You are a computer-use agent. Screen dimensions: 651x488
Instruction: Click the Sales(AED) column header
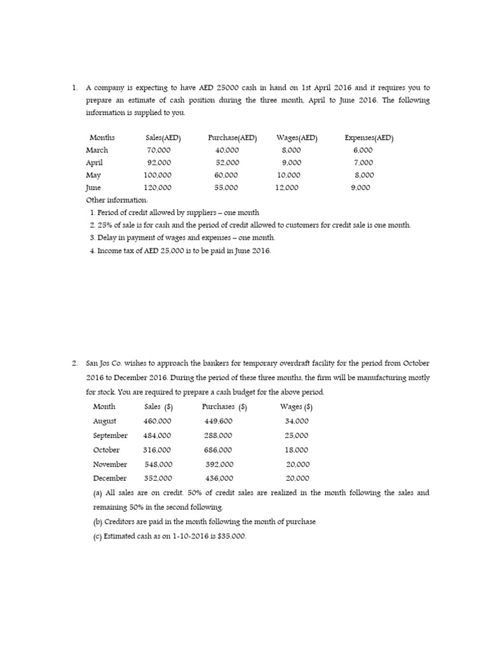pos(163,137)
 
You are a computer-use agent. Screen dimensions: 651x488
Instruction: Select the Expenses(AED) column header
pos(369,137)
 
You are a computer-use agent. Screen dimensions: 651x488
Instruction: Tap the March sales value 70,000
pos(158,150)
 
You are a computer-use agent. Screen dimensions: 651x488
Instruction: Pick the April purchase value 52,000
pos(227,163)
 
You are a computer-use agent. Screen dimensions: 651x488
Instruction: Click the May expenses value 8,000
pos(364,175)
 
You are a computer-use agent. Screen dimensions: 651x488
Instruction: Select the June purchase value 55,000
pos(227,188)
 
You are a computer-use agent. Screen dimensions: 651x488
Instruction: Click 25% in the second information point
pos(105,225)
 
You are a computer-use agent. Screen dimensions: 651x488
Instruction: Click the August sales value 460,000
pos(158,421)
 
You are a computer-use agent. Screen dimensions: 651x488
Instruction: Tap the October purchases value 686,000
pos(219,449)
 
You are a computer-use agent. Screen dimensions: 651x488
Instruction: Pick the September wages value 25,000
pos(297,435)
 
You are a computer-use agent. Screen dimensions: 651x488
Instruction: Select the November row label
pos(110,464)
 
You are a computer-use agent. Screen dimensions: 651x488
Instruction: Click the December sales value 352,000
pos(158,478)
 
